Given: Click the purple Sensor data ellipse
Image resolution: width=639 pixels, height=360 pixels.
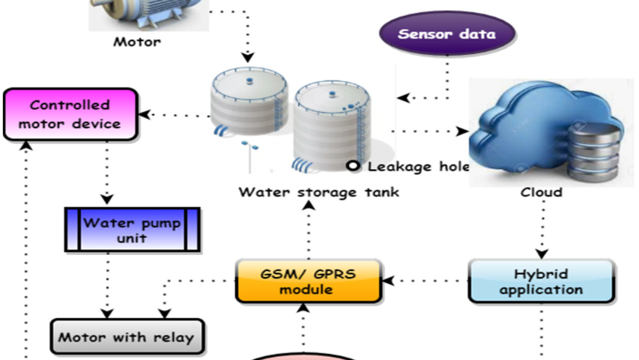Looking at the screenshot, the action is click(447, 33).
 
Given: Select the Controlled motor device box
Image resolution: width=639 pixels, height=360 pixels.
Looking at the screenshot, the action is click(71, 115).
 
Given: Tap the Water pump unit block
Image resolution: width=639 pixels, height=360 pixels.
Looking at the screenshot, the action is click(132, 230).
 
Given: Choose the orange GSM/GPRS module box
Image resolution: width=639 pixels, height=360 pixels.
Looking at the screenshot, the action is click(309, 282).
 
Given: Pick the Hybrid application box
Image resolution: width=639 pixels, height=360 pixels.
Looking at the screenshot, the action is click(541, 282).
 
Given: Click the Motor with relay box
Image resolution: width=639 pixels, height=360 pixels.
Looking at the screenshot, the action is click(127, 336).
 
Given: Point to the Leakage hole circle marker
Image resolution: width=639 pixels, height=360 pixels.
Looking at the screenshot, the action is click(353, 166).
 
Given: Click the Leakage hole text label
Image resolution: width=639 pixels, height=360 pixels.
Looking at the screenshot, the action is click(418, 167).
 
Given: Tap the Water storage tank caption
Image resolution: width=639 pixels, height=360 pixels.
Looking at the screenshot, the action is click(319, 192).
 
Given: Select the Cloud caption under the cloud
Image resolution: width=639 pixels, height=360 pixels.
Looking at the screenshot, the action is click(541, 192).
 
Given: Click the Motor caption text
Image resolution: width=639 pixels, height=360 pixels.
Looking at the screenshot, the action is click(137, 42).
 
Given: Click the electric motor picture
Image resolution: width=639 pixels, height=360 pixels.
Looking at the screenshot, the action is click(149, 14).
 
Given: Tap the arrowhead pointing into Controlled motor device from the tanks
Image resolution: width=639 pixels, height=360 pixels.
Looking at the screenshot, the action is click(145, 115).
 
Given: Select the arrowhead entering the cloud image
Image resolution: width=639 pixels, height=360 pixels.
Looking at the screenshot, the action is click(463, 131).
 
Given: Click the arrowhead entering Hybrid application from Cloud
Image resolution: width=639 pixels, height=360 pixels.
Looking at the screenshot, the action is click(542, 254).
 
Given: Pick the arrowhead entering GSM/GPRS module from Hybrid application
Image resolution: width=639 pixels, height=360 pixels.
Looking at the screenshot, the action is click(389, 281).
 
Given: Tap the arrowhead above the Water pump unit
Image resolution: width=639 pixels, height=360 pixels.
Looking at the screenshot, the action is click(106, 199).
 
